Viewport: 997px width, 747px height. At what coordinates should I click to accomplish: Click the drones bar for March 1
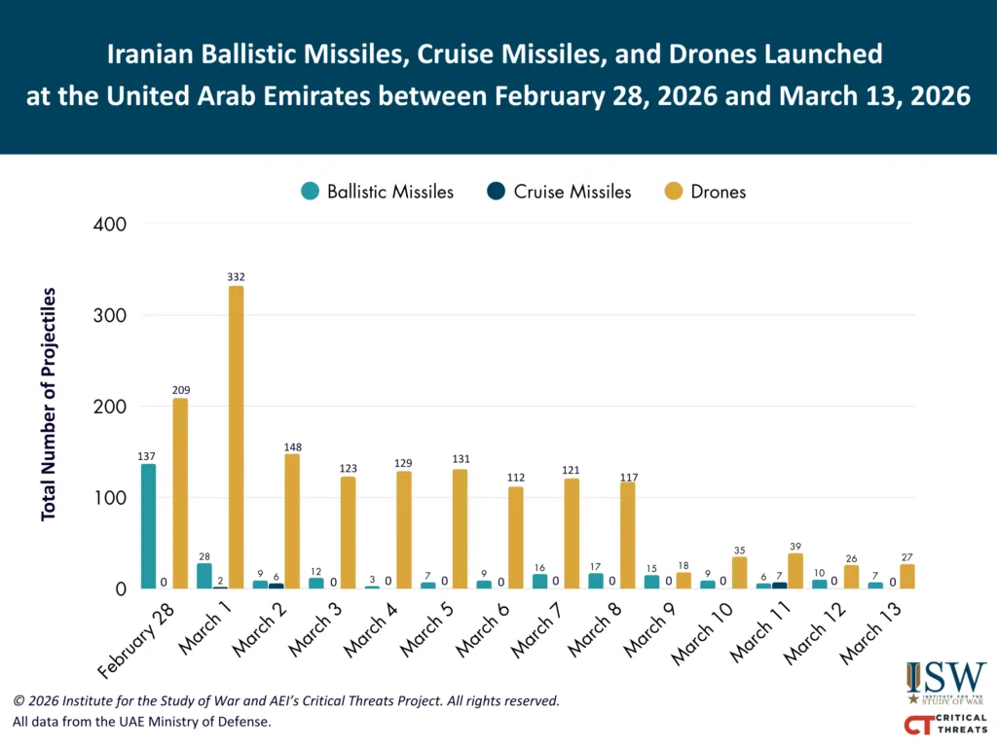pyautogui.click(x=236, y=438)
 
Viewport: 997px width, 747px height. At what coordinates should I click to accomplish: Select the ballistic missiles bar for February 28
pyautogui.click(x=149, y=526)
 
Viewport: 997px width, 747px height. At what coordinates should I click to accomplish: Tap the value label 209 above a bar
pyautogui.click(x=180, y=388)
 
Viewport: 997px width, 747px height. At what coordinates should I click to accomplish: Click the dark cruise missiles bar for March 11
pyautogui.click(x=779, y=586)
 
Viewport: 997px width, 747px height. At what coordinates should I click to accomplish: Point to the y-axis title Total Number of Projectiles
pyautogui.click(x=49, y=404)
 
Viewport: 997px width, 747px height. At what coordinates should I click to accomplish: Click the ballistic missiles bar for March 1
pyautogui.click(x=204, y=576)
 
